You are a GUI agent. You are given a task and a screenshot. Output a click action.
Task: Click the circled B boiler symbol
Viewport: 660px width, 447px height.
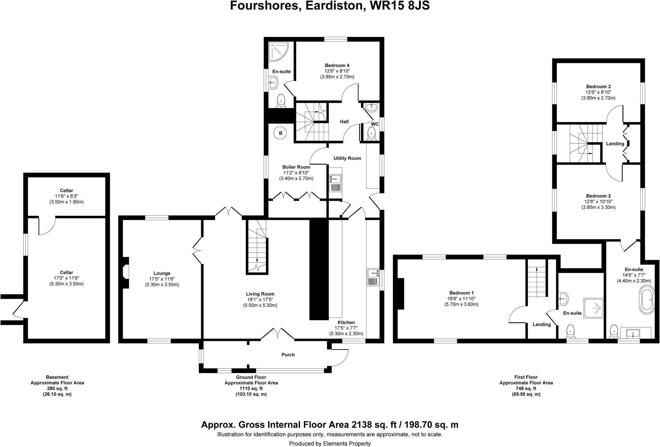280,133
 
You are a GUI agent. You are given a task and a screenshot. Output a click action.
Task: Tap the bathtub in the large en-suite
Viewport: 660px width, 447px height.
647,301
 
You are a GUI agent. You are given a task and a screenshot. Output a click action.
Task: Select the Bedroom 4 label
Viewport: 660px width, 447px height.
337,65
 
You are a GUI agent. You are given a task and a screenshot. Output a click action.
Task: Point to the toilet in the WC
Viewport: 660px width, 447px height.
372,133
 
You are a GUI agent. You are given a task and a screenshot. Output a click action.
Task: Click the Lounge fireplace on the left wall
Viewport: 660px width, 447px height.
126,272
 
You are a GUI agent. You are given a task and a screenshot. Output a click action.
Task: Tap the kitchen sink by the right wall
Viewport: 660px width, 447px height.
373,277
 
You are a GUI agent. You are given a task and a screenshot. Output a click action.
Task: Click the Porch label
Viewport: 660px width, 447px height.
288,355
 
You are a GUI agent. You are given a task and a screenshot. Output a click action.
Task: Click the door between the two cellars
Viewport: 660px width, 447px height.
47,226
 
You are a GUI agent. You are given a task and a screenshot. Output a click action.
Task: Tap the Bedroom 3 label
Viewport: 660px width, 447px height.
598,86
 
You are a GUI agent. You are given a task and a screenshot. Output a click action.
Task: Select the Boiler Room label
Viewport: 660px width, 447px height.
296,167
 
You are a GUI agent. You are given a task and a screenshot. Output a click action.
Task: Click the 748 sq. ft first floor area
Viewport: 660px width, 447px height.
526,389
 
